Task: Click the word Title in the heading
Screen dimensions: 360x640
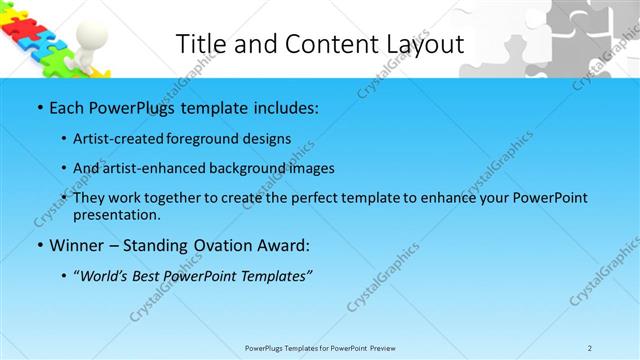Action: point(198,44)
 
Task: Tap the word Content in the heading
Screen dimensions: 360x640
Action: point(317,44)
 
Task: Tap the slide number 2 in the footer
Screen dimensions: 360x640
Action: point(590,348)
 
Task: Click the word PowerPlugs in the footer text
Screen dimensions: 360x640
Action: point(265,348)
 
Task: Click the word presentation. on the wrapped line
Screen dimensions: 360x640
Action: point(116,214)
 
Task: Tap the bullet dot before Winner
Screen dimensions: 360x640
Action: point(39,245)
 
